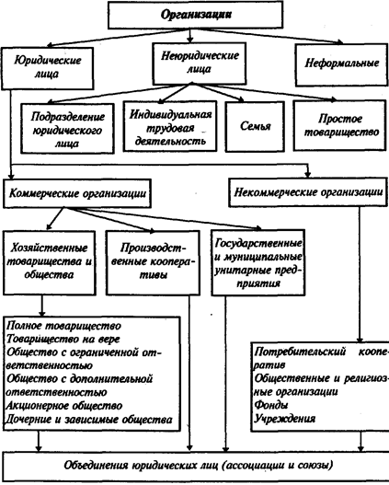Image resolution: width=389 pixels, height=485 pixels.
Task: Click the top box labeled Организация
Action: [195, 15]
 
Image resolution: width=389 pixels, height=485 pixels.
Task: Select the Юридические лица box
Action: [47, 68]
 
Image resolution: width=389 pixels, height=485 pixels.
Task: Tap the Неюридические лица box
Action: [200, 64]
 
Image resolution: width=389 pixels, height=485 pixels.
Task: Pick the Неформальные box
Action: [341, 65]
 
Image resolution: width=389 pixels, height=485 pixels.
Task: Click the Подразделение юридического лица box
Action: [67, 128]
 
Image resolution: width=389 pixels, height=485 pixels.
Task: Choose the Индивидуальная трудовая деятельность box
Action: [170, 126]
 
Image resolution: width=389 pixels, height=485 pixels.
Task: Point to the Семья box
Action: [255, 126]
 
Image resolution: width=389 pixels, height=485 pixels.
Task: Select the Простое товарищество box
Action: [340, 125]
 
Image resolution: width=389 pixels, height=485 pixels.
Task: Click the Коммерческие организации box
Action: [77, 193]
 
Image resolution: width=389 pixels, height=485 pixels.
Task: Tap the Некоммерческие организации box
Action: [308, 192]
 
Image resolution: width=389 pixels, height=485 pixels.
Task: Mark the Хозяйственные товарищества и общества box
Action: [49, 262]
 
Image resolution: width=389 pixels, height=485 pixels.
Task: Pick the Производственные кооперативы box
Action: [153, 262]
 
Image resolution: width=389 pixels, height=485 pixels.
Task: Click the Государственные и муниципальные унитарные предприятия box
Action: [258, 262]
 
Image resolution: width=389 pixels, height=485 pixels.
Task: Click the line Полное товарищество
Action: [63, 326]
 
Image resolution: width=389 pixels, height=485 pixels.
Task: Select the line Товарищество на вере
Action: [63, 339]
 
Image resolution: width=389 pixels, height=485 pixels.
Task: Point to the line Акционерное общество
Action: [64, 406]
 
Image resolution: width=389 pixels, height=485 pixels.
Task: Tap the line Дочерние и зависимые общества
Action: [89, 419]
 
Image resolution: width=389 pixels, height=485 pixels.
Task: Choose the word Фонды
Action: [271, 405]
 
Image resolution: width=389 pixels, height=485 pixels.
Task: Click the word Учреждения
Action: [284, 419]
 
